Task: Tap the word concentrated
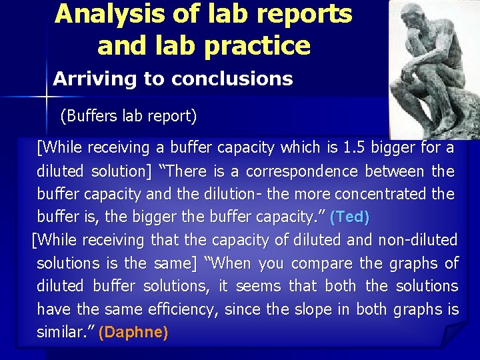pyautogui.click(x=383, y=194)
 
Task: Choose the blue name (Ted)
pyautogui.click(x=349, y=217)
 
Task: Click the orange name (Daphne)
pyautogui.click(x=133, y=333)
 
